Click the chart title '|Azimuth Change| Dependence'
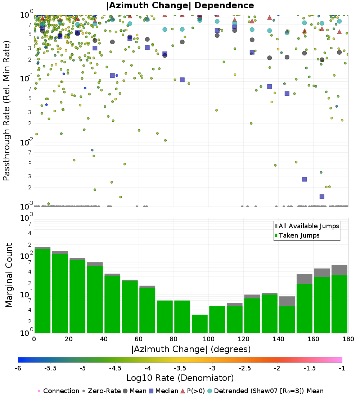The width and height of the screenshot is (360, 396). tap(180, 5)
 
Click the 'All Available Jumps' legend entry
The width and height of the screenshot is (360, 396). tap(307, 226)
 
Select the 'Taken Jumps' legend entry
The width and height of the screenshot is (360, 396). tap(297, 235)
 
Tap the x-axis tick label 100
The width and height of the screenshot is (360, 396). tap(208, 339)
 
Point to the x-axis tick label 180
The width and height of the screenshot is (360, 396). tap(348, 339)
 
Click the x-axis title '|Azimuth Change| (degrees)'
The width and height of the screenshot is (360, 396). tap(191, 349)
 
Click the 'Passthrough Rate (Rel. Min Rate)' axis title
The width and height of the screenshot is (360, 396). tap(6, 111)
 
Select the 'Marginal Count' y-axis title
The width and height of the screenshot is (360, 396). tap(9, 275)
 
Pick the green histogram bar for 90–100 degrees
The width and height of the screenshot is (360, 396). tap(199, 324)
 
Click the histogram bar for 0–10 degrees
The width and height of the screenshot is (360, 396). tap(42, 291)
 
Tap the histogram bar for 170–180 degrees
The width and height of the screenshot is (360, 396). tap(339, 299)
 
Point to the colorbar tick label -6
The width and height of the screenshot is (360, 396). tap(18, 368)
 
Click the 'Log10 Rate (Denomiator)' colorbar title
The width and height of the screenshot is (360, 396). tap(180, 378)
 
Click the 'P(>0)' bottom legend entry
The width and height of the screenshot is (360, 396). tap(193, 391)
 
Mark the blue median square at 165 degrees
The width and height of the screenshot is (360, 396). tap(322, 197)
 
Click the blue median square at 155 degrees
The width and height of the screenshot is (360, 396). tap(305, 179)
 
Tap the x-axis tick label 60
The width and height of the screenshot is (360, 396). tap(139, 339)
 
